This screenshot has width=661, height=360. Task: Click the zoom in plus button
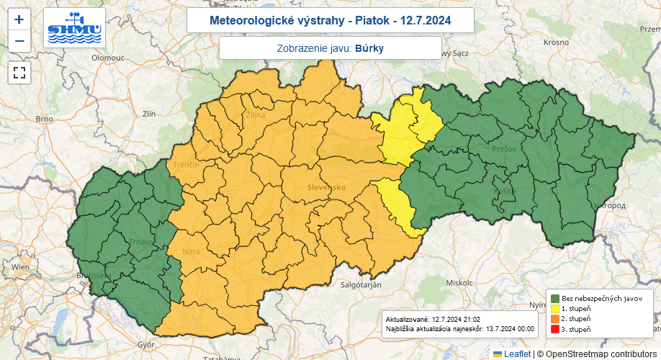click(x=19, y=19)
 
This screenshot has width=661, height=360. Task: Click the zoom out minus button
click(x=19, y=41)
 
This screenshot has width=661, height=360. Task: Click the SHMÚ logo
click(x=74, y=28)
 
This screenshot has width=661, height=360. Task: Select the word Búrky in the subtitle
click(x=369, y=48)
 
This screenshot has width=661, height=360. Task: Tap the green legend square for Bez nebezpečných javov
click(x=555, y=298)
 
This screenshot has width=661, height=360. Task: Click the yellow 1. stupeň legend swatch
click(x=555, y=308)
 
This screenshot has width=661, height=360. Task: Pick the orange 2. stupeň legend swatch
click(x=555, y=318)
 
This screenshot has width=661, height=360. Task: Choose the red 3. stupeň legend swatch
click(x=555, y=329)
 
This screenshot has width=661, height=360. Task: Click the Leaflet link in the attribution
click(x=516, y=354)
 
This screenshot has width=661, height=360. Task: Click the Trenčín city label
click(x=186, y=165)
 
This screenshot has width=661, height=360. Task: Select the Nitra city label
click(x=191, y=251)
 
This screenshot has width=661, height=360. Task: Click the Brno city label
click(x=45, y=119)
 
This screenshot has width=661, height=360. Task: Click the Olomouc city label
click(x=108, y=56)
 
